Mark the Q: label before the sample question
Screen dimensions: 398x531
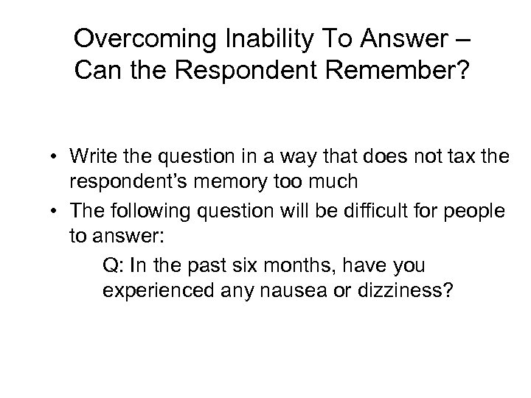(113, 265)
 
